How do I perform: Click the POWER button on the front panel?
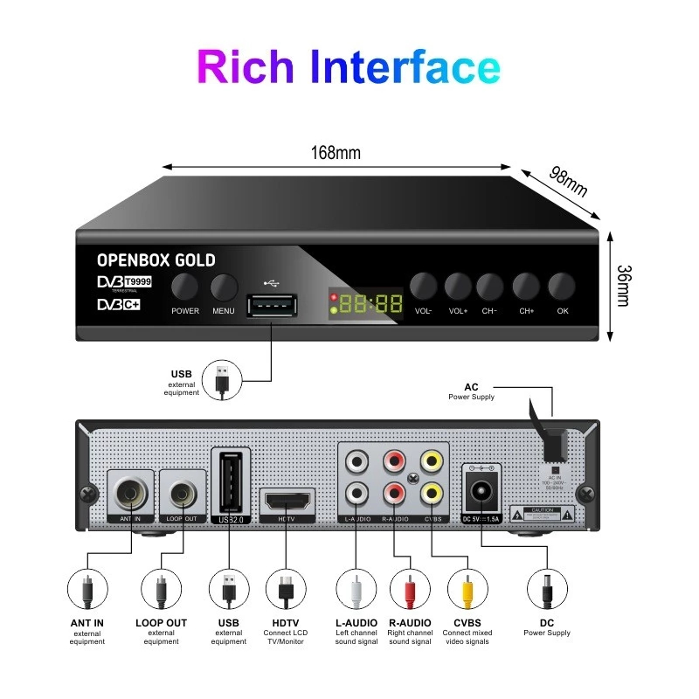pyautogui.click(x=184, y=287)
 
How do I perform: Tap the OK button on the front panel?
pyautogui.click(x=562, y=287)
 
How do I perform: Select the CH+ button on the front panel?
pyautogui.click(x=526, y=287)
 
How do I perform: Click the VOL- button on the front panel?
pyautogui.click(x=424, y=287)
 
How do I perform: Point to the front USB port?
pyautogui.click(x=271, y=306)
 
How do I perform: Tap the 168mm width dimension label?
pyautogui.click(x=336, y=153)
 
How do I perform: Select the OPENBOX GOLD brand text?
pyautogui.click(x=156, y=260)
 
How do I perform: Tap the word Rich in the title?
pyautogui.click(x=249, y=67)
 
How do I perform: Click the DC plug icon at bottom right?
pyautogui.click(x=548, y=592)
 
